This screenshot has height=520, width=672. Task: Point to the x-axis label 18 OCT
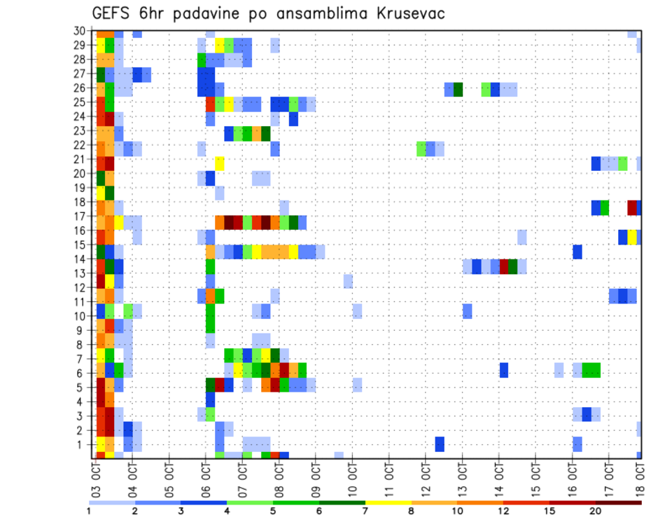641,476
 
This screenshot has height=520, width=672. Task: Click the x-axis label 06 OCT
206,476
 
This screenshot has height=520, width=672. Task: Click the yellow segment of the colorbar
388,502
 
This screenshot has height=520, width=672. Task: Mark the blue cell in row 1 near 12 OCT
440,444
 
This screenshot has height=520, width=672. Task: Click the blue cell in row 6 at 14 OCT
503,369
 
